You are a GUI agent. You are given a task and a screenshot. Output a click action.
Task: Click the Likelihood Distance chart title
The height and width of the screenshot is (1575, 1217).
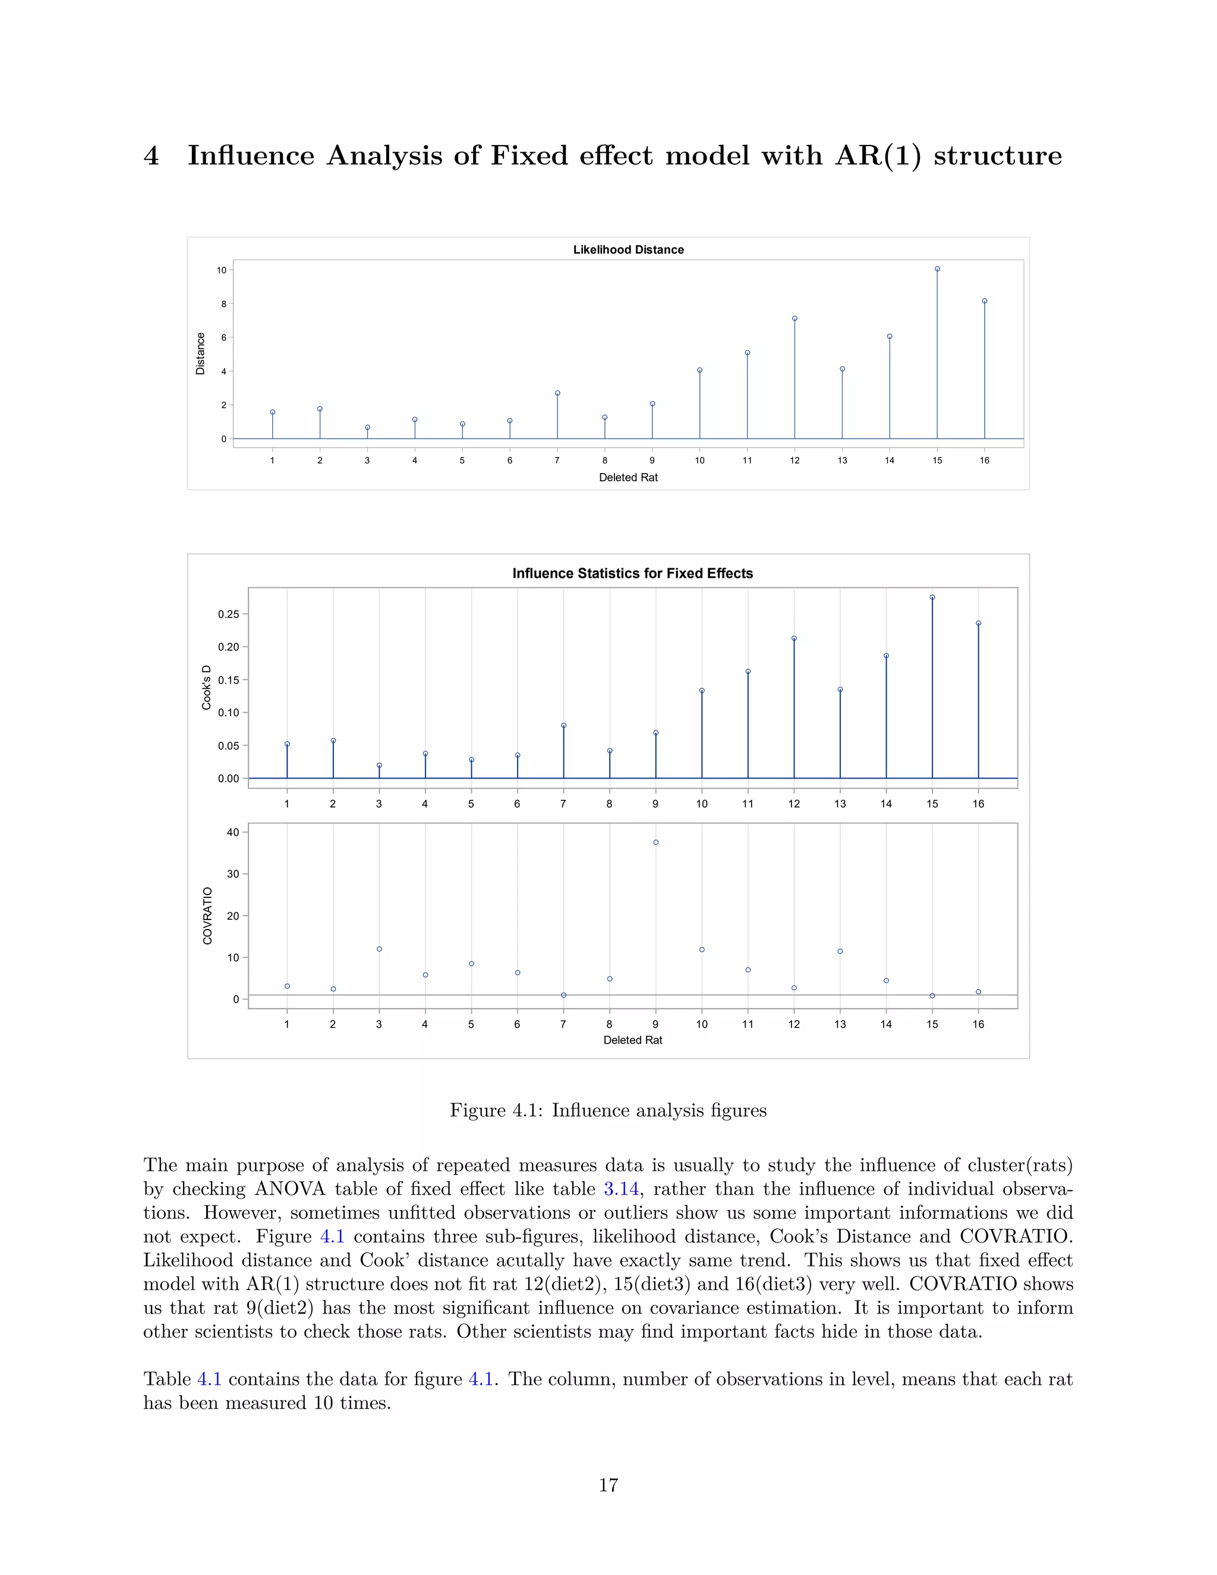[628, 250]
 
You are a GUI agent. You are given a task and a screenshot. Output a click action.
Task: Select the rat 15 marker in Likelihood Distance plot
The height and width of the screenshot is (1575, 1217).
[937, 269]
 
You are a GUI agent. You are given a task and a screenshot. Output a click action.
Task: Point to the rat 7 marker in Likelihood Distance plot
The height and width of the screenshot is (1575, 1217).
[557, 393]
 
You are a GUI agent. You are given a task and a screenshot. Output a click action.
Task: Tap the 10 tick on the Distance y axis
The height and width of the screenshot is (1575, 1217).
[221, 270]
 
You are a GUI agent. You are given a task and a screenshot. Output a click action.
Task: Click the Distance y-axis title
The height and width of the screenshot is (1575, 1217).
[200, 354]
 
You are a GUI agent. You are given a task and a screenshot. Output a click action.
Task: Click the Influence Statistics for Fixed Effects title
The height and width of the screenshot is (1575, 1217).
[632, 574]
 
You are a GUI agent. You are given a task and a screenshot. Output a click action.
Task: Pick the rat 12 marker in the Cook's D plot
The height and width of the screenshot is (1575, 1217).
[794, 638]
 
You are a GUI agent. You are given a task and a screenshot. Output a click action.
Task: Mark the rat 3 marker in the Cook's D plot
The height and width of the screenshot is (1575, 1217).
[379, 765]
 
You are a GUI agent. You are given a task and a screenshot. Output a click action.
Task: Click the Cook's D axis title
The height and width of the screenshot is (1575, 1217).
[206, 687]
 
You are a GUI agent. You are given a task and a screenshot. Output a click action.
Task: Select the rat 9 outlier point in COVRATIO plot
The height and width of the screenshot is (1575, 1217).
[655, 842]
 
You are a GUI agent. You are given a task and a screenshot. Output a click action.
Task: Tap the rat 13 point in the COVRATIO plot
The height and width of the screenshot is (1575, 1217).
[840, 951]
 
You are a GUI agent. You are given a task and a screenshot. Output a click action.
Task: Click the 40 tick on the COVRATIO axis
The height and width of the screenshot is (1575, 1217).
[232, 832]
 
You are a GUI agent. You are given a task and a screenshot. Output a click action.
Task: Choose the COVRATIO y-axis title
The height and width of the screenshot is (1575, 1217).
[207, 916]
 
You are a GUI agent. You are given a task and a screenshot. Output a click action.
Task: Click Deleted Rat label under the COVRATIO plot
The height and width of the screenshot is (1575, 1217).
[632, 1040]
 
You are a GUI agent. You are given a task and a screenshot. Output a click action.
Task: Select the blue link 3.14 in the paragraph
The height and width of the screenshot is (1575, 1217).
[621, 1189]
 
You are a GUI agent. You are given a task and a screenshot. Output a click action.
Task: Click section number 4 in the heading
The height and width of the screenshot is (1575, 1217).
[151, 156]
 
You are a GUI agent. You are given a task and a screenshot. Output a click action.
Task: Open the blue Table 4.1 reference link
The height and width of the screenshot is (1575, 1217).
[209, 1379]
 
